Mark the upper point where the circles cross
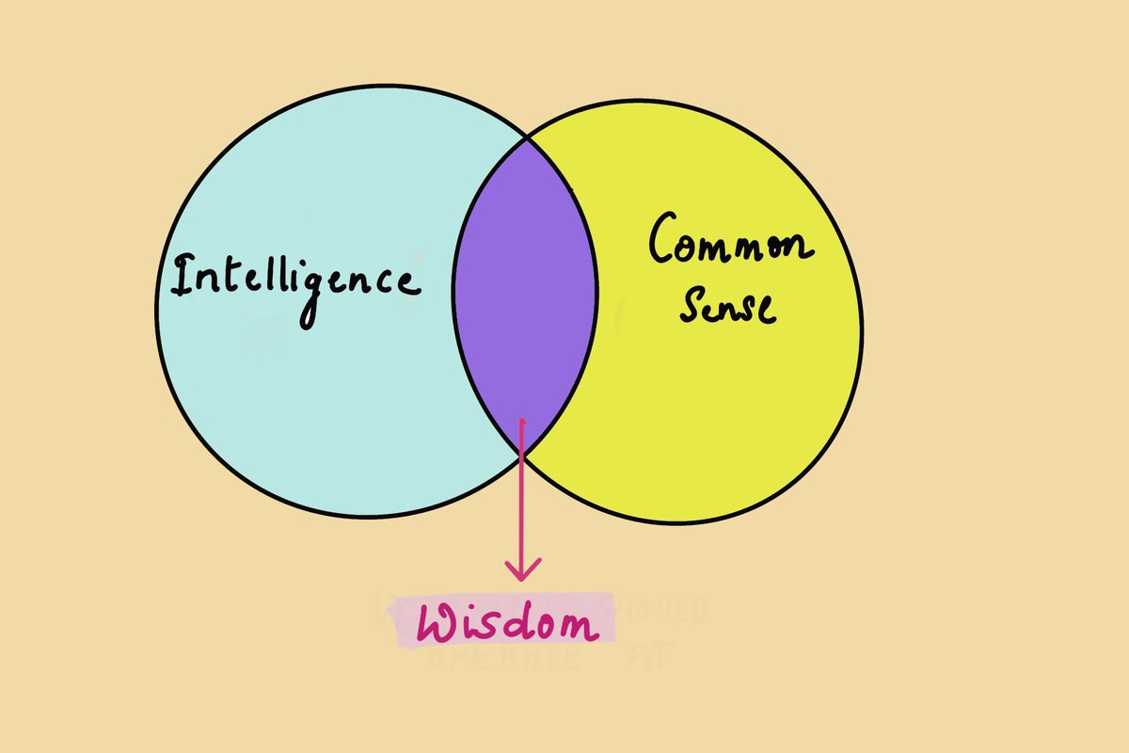point(526,136)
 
